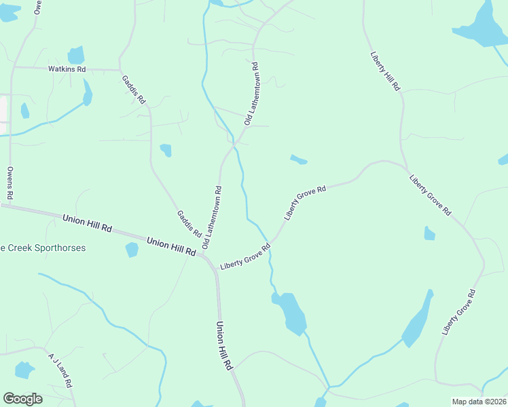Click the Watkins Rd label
(x=67, y=69)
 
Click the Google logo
(x=22, y=398)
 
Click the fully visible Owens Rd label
(x=10, y=182)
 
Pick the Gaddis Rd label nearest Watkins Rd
(x=134, y=89)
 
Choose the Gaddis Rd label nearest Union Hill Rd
(x=189, y=224)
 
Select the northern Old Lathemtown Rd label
(x=252, y=94)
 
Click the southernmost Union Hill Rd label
(x=224, y=345)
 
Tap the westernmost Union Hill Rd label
(x=87, y=223)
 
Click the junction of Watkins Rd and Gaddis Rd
(x=120, y=70)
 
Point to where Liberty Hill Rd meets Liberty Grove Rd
(x=405, y=169)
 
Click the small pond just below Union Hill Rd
(x=132, y=250)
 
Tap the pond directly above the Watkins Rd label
(x=76, y=55)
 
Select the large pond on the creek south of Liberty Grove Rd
(x=291, y=311)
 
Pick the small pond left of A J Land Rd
(x=24, y=370)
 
